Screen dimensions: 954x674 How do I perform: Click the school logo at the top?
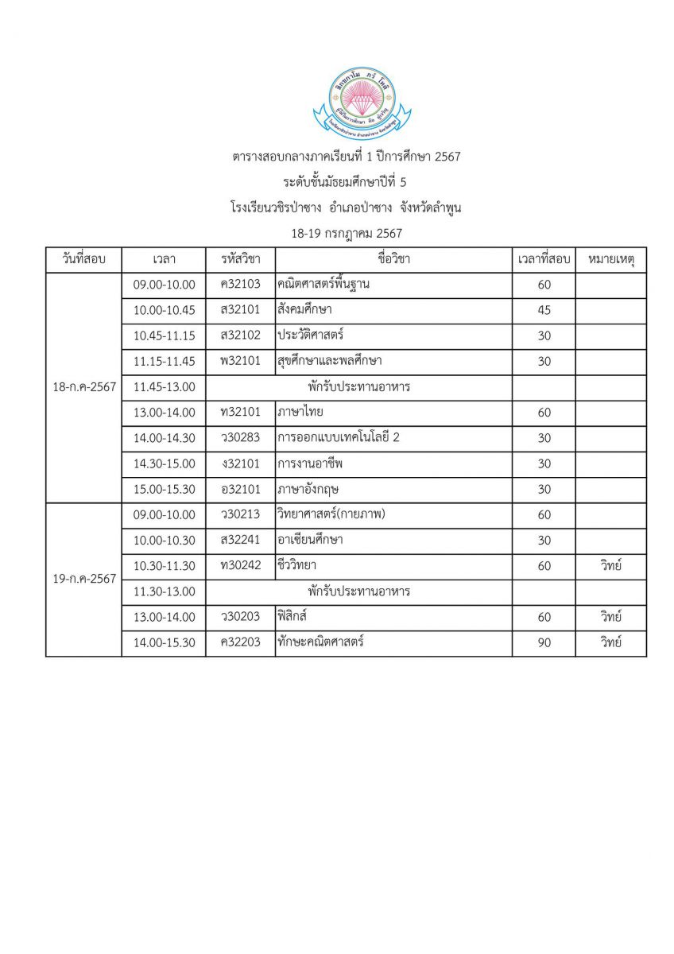[371, 102]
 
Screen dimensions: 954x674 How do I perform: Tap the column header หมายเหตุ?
[610, 259]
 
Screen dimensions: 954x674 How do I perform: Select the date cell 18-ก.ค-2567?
[83, 387]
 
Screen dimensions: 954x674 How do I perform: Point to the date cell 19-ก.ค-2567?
[83, 579]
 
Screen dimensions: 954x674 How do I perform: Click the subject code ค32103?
[241, 285]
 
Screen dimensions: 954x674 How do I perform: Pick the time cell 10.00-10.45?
[164, 310]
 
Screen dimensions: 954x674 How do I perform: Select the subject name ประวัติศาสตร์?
[311, 335]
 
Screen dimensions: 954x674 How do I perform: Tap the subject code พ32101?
[241, 361]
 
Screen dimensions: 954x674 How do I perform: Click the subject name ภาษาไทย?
[300, 413]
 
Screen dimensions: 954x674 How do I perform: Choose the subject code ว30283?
[241, 438]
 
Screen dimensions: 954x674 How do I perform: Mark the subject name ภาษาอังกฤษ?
[308, 489]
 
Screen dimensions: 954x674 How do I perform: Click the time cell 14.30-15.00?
[164, 463]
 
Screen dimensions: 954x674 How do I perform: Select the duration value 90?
[544, 643]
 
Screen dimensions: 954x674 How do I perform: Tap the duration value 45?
[544, 310]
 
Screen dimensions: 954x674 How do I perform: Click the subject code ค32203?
[241, 643]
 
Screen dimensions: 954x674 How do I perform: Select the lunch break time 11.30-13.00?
[164, 591]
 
